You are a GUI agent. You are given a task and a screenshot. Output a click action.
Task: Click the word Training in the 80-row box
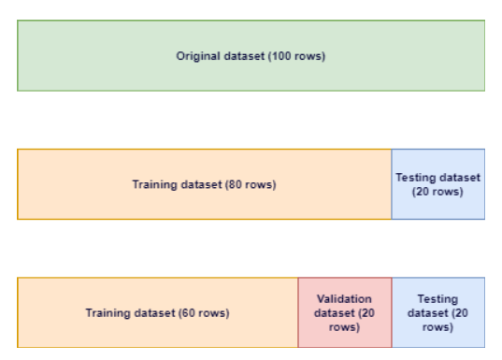(x=154, y=184)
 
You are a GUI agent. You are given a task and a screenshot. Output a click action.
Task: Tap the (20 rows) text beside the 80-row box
(x=437, y=192)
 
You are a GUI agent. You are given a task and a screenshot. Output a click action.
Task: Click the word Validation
(x=344, y=298)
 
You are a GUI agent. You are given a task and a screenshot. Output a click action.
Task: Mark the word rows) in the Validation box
(x=344, y=327)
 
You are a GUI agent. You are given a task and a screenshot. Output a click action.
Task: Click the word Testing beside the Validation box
(x=437, y=298)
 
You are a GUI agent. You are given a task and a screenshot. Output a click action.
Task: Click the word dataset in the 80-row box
(x=199, y=184)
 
